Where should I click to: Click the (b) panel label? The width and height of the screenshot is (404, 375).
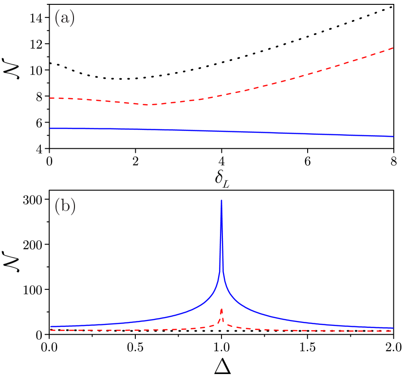(65, 207)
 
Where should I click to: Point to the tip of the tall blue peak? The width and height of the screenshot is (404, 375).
(221, 200)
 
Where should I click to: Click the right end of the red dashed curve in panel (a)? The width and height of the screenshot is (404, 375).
(393, 48)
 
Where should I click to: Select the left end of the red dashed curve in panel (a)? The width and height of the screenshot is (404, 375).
(51, 98)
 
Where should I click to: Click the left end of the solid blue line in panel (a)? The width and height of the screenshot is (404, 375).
(51, 128)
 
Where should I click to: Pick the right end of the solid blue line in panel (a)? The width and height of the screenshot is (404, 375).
(393, 137)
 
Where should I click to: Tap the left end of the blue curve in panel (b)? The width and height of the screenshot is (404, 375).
(51, 326)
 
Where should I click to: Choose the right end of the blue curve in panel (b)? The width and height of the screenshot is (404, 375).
(393, 328)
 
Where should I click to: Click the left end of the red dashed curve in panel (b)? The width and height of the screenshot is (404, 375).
(51, 330)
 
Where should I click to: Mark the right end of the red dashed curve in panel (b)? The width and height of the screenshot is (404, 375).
(393, 331)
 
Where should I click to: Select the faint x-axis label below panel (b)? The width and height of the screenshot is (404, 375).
(221, 366)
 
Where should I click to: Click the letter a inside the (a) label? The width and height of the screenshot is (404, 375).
(64, 19)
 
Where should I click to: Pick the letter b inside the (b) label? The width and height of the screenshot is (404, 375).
(65, 207)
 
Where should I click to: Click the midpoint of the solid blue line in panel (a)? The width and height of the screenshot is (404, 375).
(221, 131)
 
